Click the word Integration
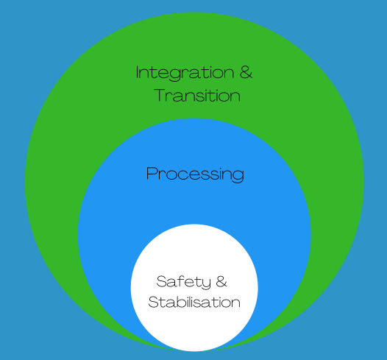[x=185, y=74]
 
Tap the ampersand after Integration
[x=246, y=72]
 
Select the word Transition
[x=197, y=95]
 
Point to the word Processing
[x=195, y=174]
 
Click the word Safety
[x=184, y=282]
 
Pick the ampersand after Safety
[x=221, y=281]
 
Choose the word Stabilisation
[x=194, y=302]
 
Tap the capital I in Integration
[x=138, y=72]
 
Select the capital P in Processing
[x=152, y=173]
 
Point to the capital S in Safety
[x=162, y=281]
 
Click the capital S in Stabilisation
[x=154, y=302]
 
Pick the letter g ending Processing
[x=238, y=176]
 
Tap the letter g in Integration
[x=175, y=75]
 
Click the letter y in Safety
[x=205, y=283]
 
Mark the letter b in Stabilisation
[x=181, y=302]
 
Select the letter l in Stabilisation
[x=191, y=302]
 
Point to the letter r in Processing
[x=162, y=174]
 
